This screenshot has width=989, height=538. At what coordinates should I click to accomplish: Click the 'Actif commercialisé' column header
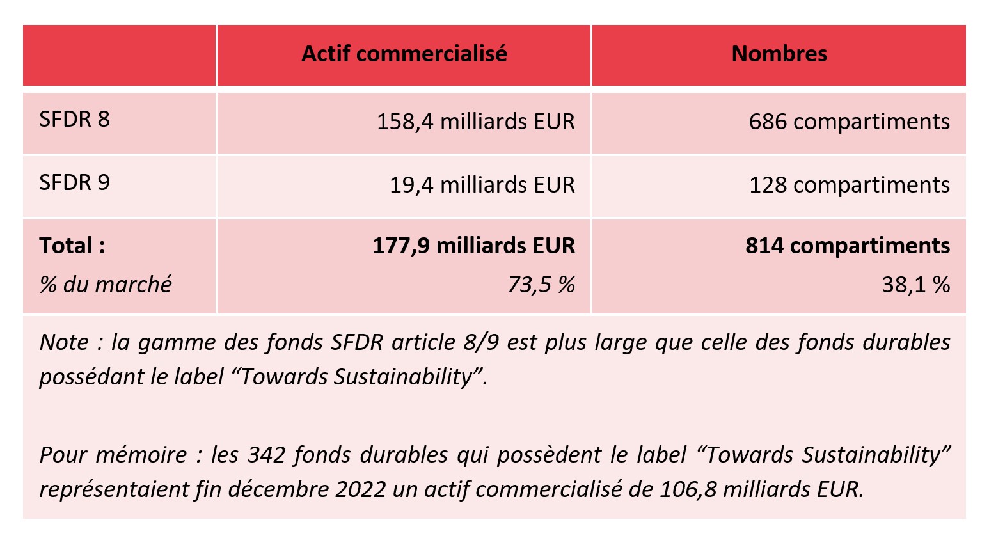(x=404, y=54)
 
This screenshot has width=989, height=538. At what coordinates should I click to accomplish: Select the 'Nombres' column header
(x=779, y=54)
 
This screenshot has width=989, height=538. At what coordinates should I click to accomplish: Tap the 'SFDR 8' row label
(x=74, y=120)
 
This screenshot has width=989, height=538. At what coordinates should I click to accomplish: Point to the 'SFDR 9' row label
(x=74, y=183)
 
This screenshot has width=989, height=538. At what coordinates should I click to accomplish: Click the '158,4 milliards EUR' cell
(x=475, y=122)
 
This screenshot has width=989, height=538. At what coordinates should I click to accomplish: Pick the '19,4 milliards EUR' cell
(x=482, y=185)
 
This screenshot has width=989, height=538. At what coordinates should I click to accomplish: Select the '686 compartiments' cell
(x=849, y=122)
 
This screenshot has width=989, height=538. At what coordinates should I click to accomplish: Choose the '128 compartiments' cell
(x=849, y=185)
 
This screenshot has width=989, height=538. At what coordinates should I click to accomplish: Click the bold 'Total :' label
(x=72, y=246)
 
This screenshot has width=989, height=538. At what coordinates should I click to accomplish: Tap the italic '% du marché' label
(x=106, y=284)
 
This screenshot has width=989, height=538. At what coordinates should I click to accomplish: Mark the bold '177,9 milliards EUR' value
(x=473, y=246)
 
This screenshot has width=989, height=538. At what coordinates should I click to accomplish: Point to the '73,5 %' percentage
(x=541, y=285)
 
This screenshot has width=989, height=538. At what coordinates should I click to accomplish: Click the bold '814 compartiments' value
(x=847, y=246)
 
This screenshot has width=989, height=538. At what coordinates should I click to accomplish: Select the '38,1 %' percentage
(x=915, y=285)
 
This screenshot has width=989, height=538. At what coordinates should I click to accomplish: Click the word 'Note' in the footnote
(x=64, y=343)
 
